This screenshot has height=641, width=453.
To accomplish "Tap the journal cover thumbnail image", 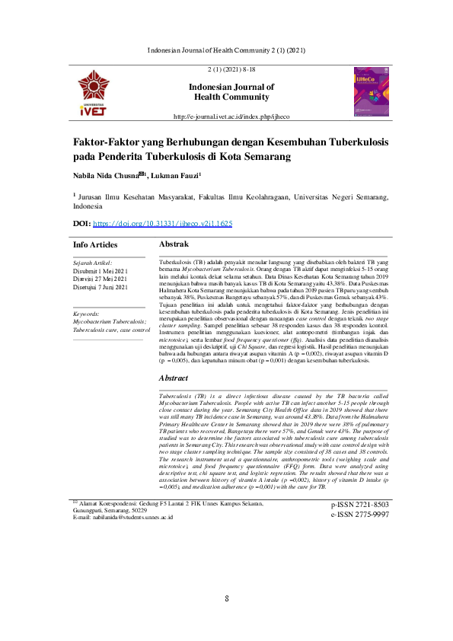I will (371, 91).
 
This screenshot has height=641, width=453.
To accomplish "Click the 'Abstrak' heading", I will (173, 244).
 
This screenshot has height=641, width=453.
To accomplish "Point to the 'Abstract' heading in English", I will (173, 378).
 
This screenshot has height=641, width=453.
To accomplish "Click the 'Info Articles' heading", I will (95, 245).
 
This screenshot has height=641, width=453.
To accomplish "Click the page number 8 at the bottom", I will (227, 598).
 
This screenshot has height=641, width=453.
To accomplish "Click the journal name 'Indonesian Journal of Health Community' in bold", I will (231, 92).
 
